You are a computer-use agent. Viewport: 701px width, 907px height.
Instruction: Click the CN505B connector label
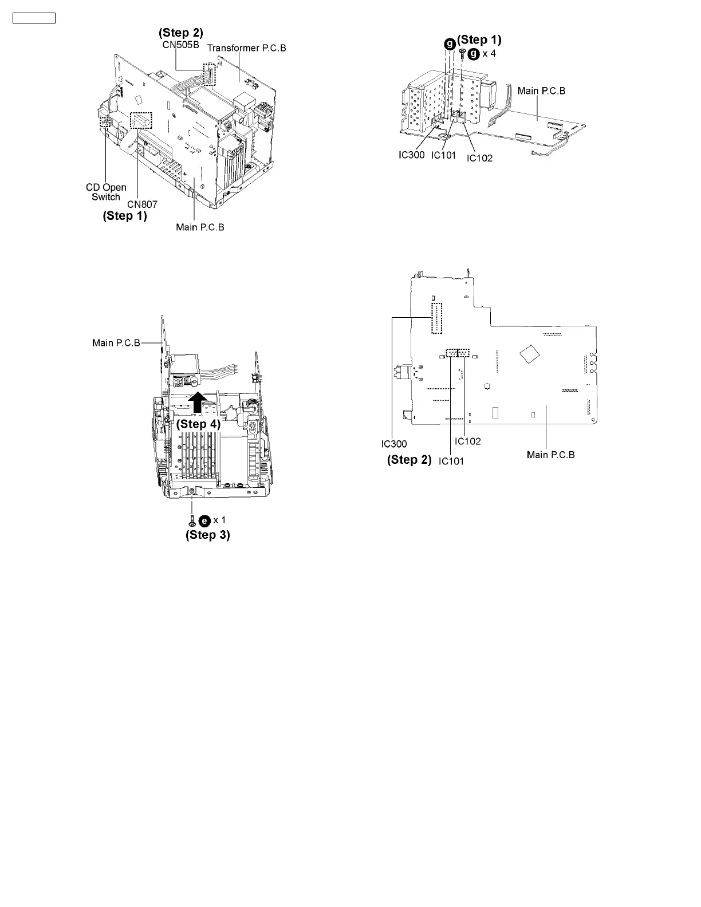180,45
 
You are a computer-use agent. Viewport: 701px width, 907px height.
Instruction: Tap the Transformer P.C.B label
246,48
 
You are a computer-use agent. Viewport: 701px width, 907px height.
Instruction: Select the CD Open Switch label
106,192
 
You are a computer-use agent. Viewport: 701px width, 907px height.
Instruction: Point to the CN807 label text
142,204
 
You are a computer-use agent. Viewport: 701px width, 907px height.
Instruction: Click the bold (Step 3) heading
207,535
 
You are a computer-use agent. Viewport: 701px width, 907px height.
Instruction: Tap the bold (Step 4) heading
198,424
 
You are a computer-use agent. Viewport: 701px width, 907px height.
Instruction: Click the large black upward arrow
198,402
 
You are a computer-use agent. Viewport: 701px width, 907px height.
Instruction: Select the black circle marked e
204,520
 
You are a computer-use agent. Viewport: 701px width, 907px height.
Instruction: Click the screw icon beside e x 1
192,520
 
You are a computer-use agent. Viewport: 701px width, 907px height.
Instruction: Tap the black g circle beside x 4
474,54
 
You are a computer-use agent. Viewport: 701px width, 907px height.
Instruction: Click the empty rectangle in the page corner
34,18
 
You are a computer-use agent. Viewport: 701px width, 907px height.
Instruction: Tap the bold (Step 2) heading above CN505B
180,33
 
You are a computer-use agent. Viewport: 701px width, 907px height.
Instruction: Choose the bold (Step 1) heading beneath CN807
125,216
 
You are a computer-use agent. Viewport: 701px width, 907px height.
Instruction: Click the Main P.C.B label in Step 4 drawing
116,343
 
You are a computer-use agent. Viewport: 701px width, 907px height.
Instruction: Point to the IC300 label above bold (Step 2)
394,444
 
